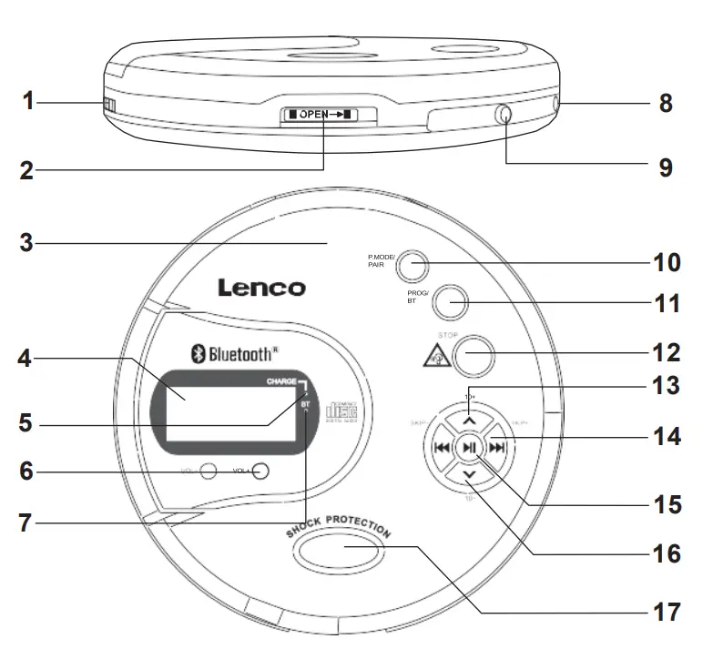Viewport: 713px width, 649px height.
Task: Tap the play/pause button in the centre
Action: pos(468,447)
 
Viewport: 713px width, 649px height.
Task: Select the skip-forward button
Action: pos(496,447)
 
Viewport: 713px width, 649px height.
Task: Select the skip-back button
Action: pos(440,447)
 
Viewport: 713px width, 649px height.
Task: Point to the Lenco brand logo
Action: pos(261,289)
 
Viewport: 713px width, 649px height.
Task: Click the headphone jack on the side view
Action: pos(503,116)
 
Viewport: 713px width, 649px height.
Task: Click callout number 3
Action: pos(26,243)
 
